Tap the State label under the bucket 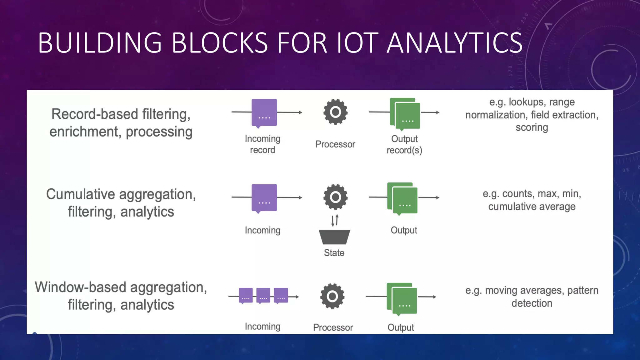coord(334,253)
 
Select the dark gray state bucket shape coord(334,237)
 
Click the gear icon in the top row coord(335,112)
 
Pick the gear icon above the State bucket coord(335,197)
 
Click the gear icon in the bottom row coord(332,296)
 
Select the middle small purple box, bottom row coord(263,295)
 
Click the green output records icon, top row coord(405,113)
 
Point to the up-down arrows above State coord(335,220)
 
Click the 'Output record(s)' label coord(404,144)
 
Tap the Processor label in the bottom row coord(333,327)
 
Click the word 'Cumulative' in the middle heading coord(81,194)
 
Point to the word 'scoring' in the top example coord(532,127)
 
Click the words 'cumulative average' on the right coord(532,207)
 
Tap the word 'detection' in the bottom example coord(532,303)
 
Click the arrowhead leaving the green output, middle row coord(438,197)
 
